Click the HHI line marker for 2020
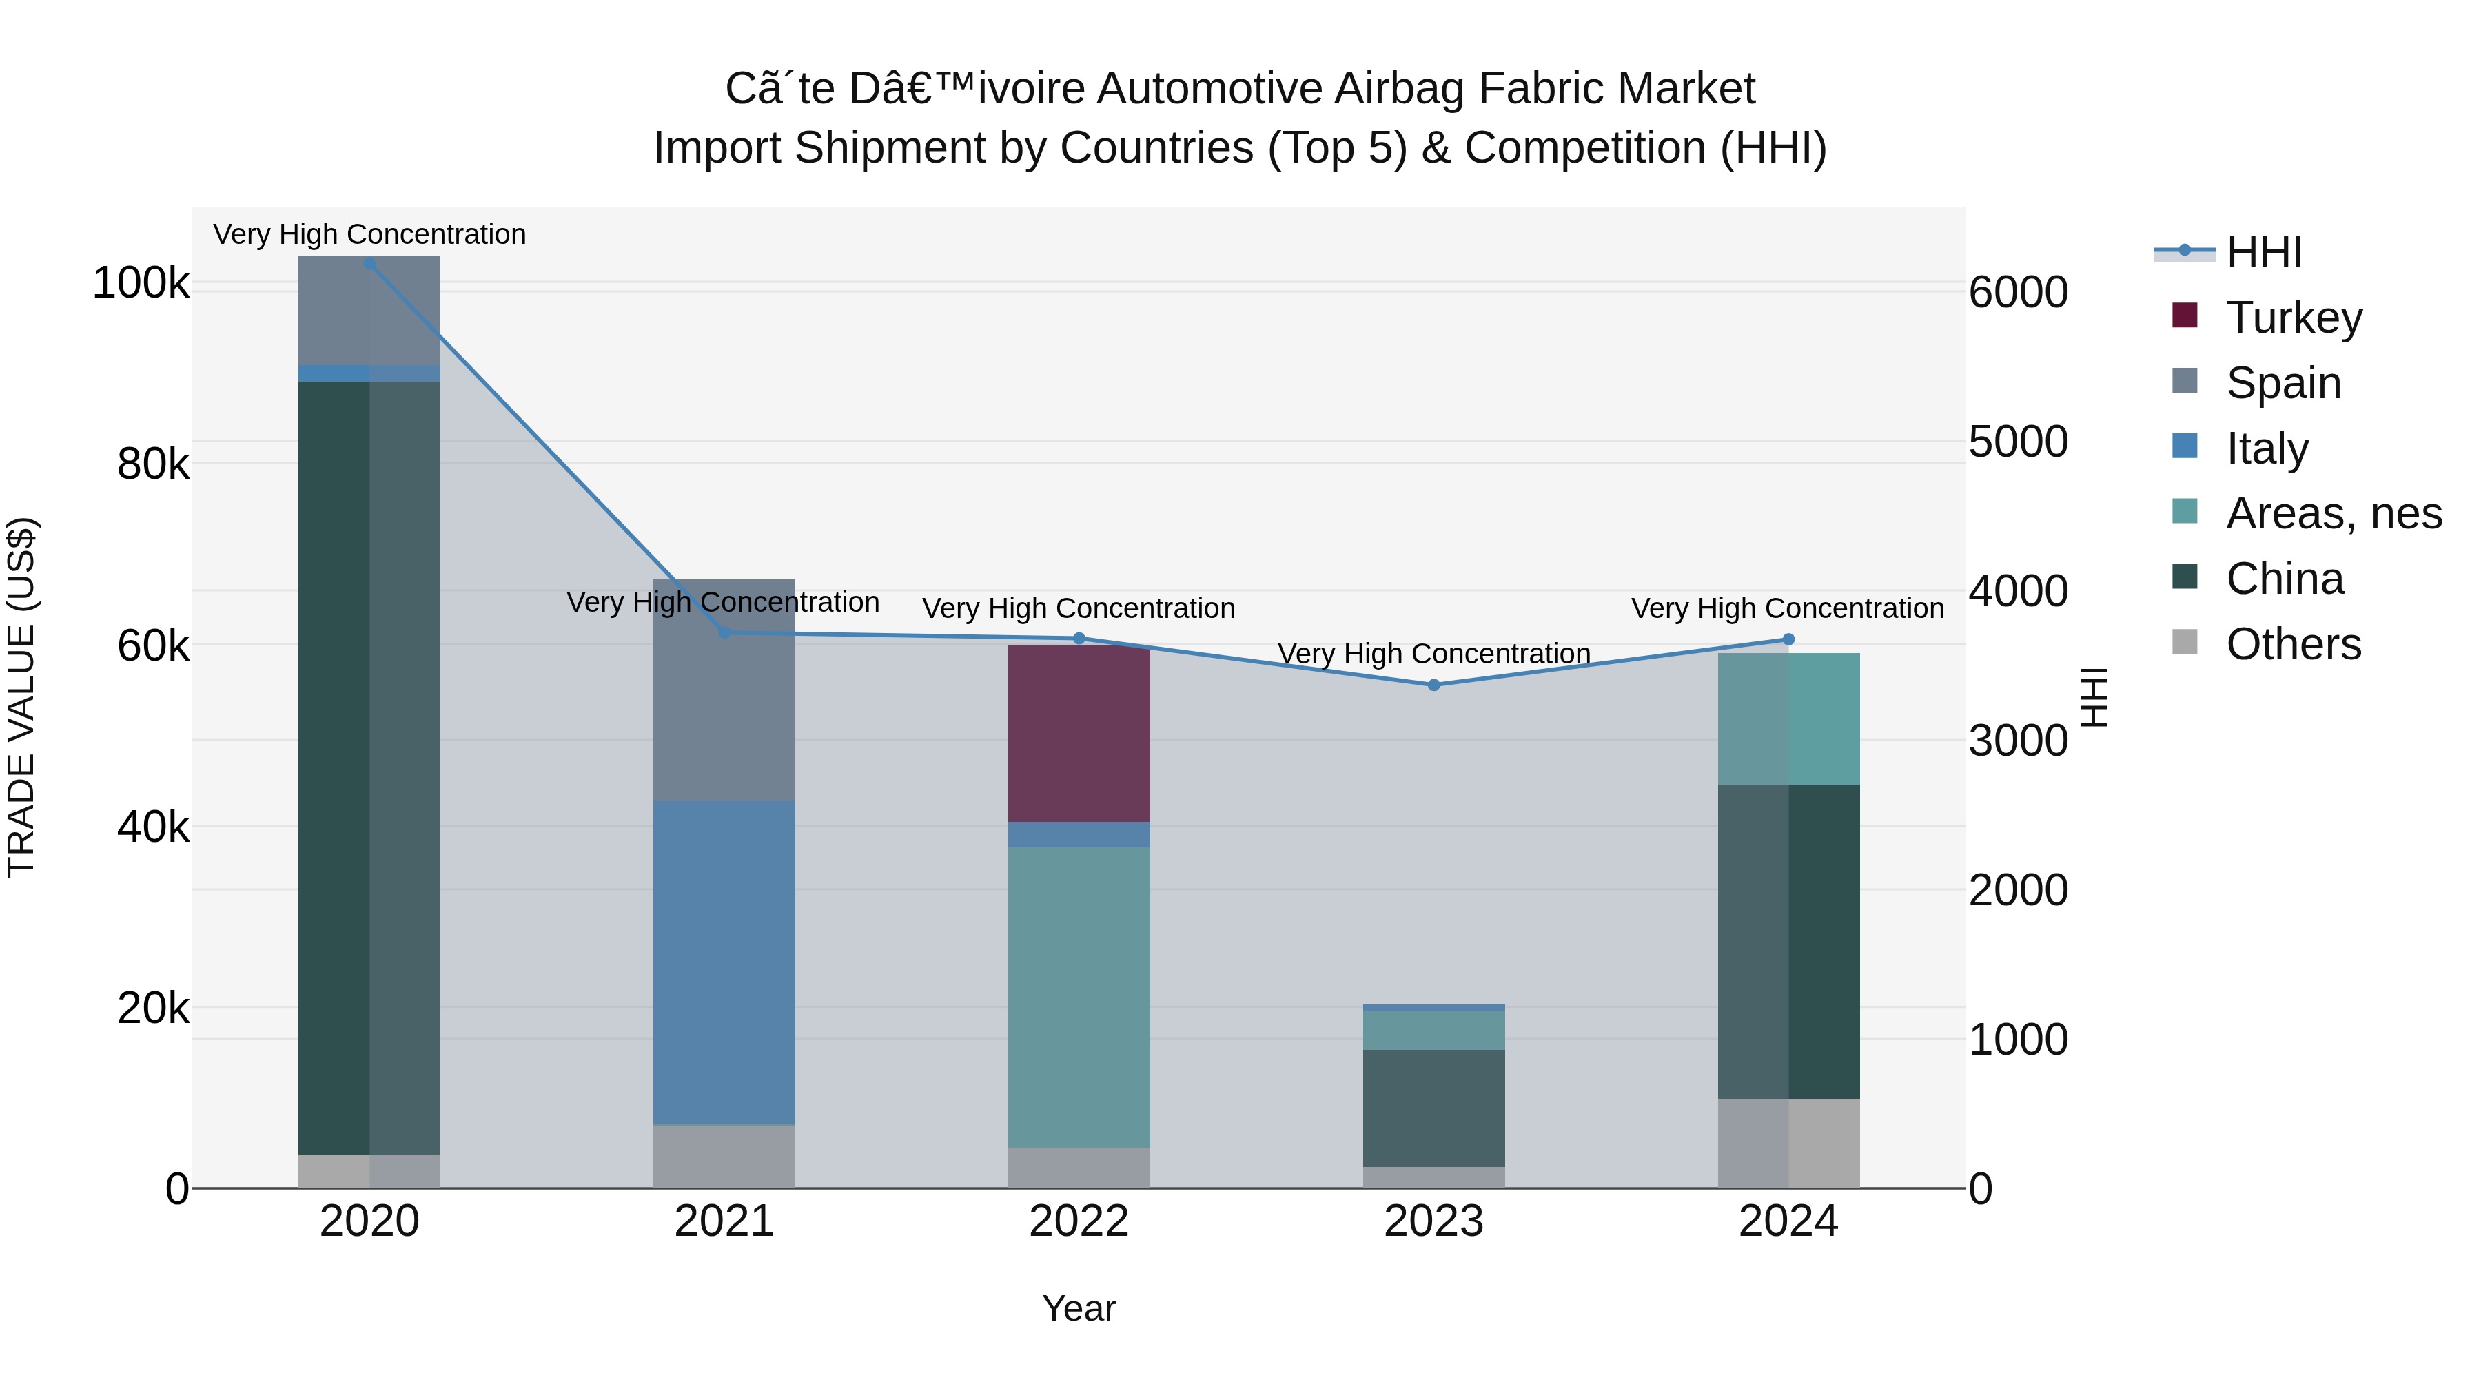370,263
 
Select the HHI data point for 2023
1433,685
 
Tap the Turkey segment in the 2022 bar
1079,734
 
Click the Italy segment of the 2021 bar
724,963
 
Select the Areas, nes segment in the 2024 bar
1788,719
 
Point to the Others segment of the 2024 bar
1788,1143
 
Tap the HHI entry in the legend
2263,252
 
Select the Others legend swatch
2185,642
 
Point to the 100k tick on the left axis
141,283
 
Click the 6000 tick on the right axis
2018,293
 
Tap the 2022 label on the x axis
1079,1221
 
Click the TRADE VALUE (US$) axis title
21,697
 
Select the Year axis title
1079,1308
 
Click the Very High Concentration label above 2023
1433,654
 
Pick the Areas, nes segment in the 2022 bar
1079,996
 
